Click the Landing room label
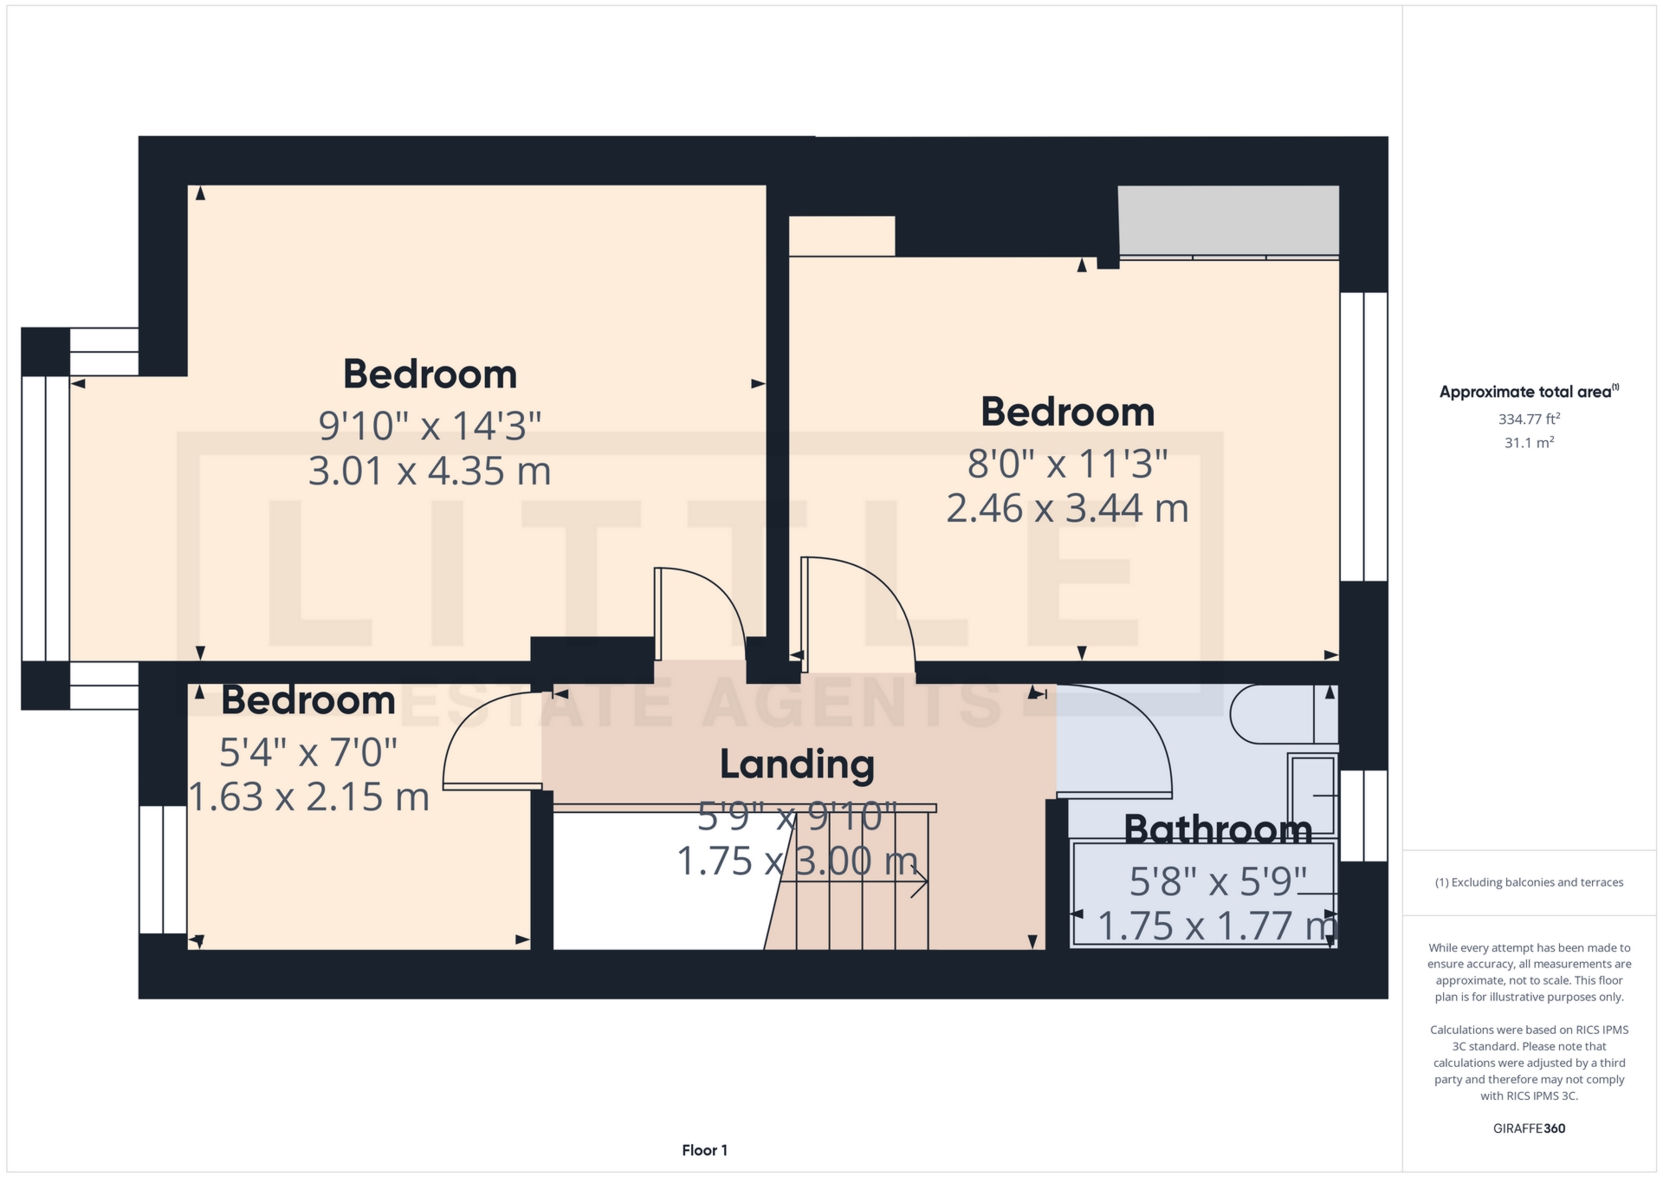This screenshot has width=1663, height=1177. coord(797,764)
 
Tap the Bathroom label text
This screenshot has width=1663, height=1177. coord(1218,830)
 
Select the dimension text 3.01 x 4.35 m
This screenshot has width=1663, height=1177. coord(430,471)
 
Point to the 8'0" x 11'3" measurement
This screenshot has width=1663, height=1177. coord(1067,464)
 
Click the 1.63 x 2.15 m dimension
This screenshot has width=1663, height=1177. coord(308,797)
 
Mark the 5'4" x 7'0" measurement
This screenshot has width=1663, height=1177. coord(308,752)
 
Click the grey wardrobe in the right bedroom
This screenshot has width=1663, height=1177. coord(1228,222)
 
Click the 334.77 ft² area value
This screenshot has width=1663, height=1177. coord(1529,419)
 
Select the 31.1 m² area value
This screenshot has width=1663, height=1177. coord(1529,443)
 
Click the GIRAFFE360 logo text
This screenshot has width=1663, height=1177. coord(1529,1128)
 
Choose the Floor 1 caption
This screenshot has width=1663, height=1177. coord(704,1150)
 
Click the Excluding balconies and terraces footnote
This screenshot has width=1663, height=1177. coord(1529,882)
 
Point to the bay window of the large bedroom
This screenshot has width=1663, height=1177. coord(45,518)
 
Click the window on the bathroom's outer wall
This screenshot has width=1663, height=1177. coord(1363,816)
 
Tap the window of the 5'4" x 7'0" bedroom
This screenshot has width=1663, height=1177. coord(163,869)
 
